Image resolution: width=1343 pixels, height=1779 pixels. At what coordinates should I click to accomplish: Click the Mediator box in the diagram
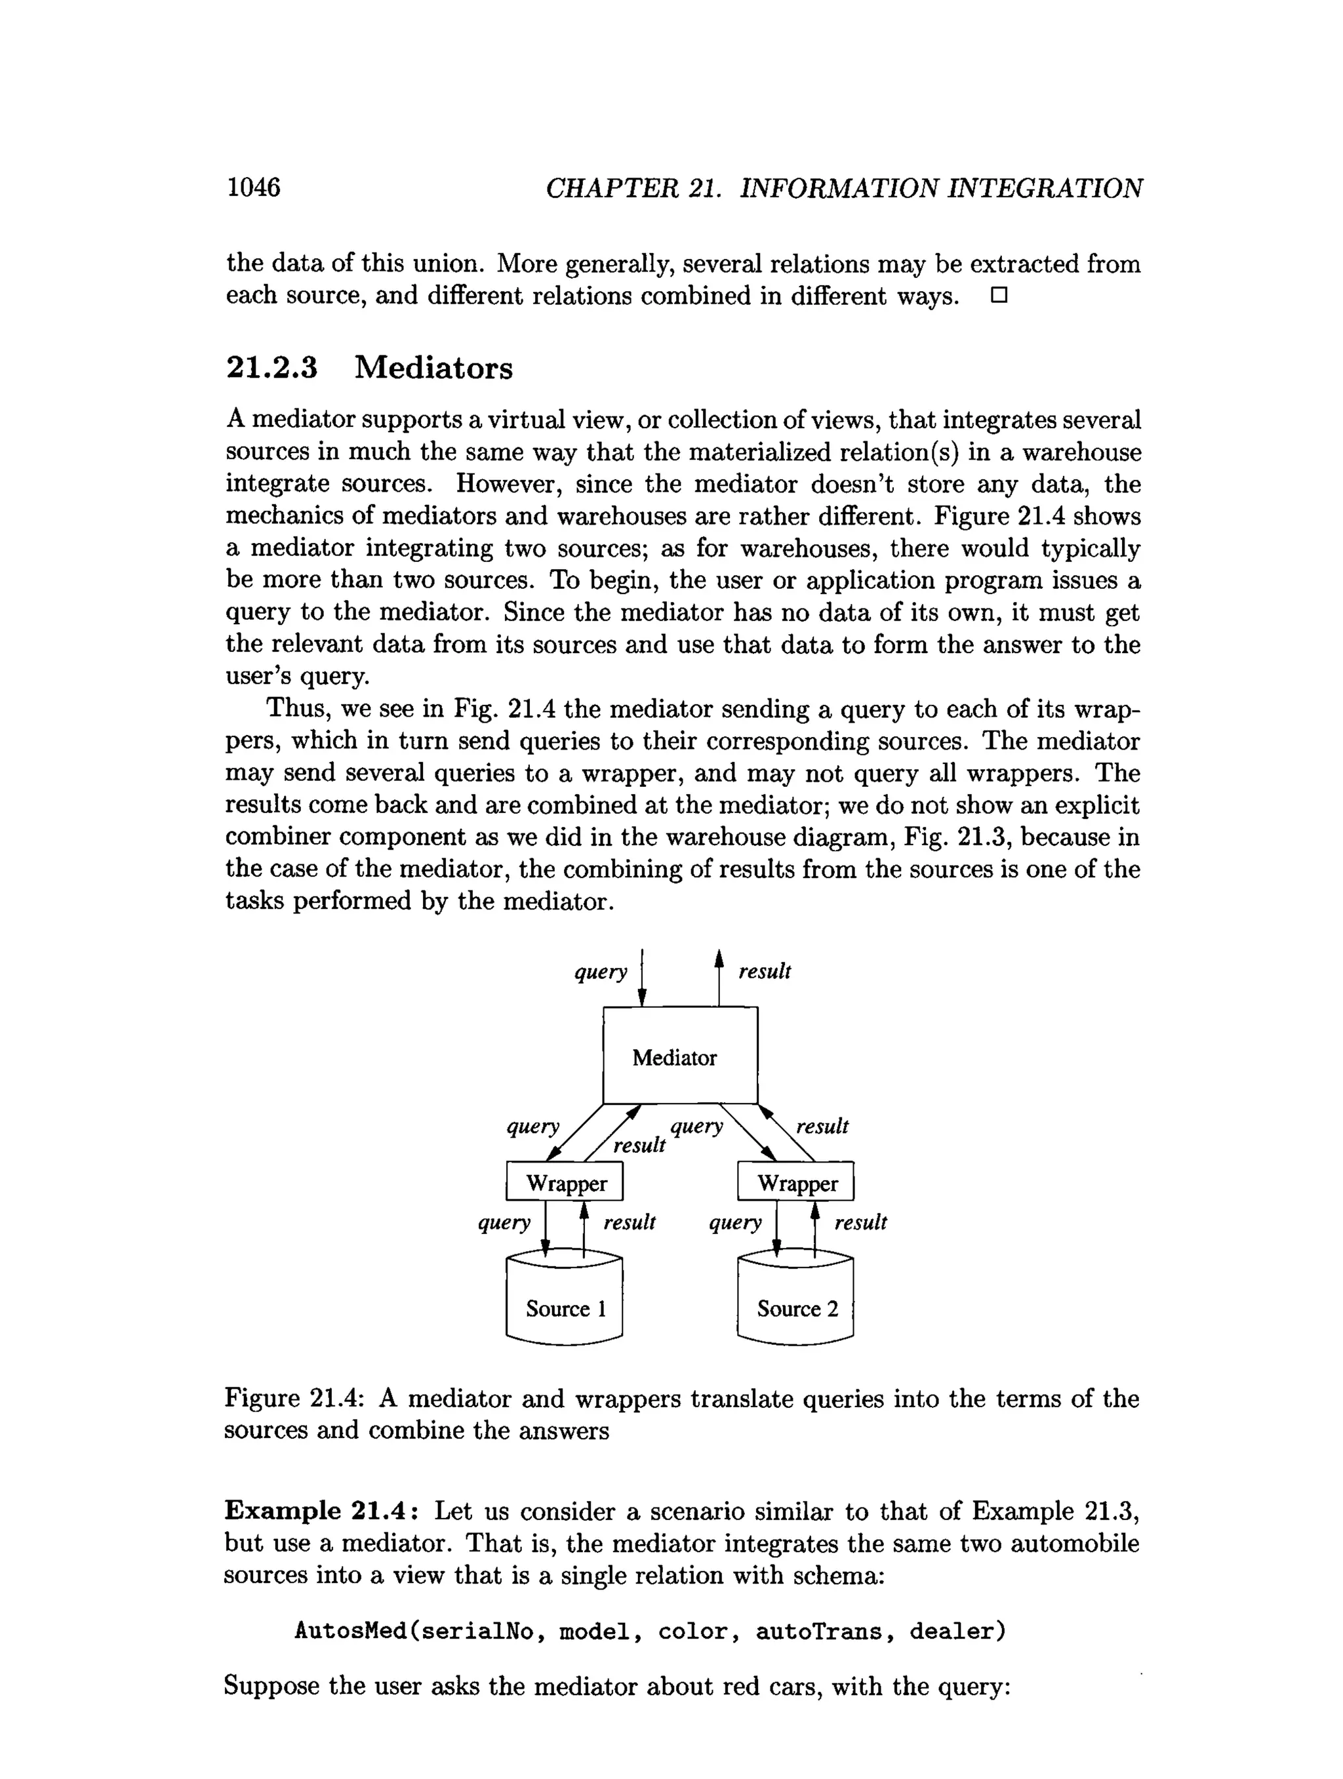pyautogui.click(x=679, y=1056)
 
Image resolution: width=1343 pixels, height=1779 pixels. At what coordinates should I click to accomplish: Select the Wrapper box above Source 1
pyautogui.click(x=565, y=1183)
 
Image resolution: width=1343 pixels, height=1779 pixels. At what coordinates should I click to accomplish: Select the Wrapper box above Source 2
pyautogui.click(x=795, y=1183)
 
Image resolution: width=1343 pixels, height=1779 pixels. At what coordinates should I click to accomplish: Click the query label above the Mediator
pyautogui.click(x=600, y=972)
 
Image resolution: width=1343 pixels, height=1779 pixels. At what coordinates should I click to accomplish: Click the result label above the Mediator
pyautogui.click(x=764, y=972)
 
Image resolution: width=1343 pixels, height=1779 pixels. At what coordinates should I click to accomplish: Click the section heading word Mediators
pyautogui.click(x=433, y=368)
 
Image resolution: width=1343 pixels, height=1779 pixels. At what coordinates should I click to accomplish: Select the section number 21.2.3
pyautogui.click(x=272, y=368)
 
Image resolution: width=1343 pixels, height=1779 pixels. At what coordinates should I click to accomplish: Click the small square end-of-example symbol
pyautogui.click(x=998, y=296)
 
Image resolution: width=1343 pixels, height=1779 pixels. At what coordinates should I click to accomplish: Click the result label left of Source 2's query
pyautogui.click(x=629, y=1222)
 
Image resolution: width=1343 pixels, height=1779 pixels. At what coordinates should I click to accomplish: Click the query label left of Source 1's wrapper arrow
pyautogui.click(x=504, y=1222)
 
